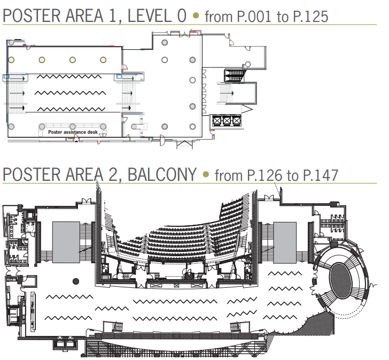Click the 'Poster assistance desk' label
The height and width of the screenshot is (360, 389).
click(73, 132)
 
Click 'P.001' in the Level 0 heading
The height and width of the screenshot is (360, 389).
click(254, 17)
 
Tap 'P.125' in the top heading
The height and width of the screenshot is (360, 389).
click(310, 17)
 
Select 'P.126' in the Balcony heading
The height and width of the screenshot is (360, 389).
click(264, 175)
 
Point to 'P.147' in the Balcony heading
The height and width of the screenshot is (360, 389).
click(321, 175)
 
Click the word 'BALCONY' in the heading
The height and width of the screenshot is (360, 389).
click(162, 174)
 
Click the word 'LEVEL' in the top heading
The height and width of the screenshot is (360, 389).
click(150, 16)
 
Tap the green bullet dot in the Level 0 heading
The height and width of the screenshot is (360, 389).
click(196, 16)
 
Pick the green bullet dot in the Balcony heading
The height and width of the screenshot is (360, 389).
click(206, 174)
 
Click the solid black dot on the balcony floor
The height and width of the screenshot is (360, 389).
click(76, 281)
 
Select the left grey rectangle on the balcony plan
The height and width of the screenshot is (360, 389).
click(66, 242)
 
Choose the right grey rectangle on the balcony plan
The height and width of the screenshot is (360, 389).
click(285, 242)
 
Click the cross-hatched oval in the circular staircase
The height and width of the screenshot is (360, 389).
click(341, 280)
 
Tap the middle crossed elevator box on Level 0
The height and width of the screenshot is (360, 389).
click(227, 121)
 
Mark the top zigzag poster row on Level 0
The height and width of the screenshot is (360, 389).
click(69, 76)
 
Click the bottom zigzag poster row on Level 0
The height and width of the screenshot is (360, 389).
click(71, 109)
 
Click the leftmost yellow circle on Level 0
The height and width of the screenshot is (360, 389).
click(11, 60)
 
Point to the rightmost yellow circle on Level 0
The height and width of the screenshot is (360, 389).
click(103, 60)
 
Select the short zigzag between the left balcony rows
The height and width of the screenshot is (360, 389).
click(112, 309)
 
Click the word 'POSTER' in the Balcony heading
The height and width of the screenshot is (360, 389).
click(32, 174)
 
